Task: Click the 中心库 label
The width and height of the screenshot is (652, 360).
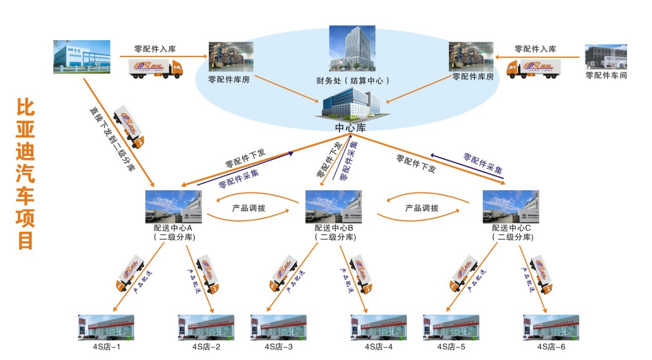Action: (x=351, y=128)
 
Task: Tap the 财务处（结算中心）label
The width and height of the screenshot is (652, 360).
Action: (x=352, y=80)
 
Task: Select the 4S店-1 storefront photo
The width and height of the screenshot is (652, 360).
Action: (x=106, y=327)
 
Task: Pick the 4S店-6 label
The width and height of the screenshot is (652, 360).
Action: (x=552, y=347)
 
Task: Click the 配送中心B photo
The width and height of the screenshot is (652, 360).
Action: (x=333, y=207)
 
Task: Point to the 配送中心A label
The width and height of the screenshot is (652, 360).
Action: (x=173, y=228)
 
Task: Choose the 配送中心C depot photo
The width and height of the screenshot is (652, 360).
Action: (x=511, y=207)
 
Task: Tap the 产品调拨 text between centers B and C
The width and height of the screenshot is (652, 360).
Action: (x=422, y=208)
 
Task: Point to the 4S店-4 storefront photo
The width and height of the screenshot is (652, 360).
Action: (x=378, y=327)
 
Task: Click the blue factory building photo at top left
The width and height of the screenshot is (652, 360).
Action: (x=82, y=56)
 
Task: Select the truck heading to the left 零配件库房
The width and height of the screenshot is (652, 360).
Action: (x=155, y=68)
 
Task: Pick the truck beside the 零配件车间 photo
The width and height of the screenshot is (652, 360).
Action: (x=533, y=68)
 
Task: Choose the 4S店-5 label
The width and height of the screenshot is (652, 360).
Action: (x=451, y=347)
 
